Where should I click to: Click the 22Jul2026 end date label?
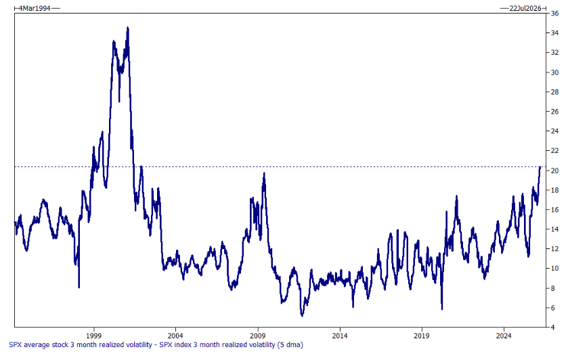pyautogui.click(x=522, y=7)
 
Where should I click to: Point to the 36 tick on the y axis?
pyautogui.click(x=554, y=14)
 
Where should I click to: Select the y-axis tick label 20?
pyautogui.click(x=554, y=171)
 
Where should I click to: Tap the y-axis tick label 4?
pyautogui.click(x=553, y=328)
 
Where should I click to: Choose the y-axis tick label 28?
pyautogui.click(x=554, y=92)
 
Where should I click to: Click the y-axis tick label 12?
pyautogui.click(x=554, y=249)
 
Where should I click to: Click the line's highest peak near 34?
pyautogui.click(x=127, y=28)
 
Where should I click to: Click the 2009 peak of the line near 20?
pyautogui.click(x=263, y=173)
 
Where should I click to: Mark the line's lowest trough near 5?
pyautogui.click(x=302, y=315)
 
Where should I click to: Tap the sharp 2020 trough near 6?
pyautogui.click(x=441, y=309)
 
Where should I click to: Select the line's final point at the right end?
pyautogui.click(x=540, y=166)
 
